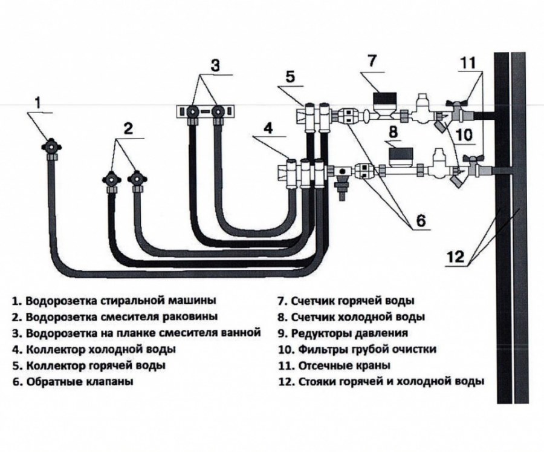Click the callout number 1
37,103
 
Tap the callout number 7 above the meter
372,61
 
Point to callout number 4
268,128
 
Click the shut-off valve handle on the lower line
470,159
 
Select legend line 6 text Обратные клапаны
79,382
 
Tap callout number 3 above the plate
215,65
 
